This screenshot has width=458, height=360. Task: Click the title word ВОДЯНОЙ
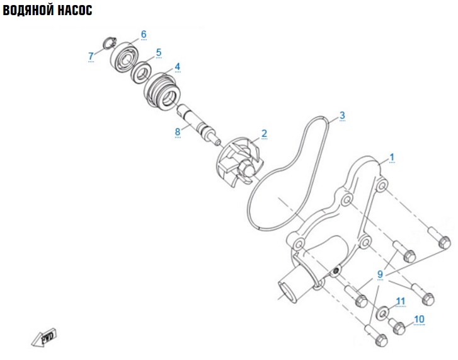pyautogui.click(x=28, y=10)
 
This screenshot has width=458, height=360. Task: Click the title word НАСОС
pyautogui.click(x=75, y=10)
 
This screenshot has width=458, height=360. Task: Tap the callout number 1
pyautogui.click(x=392, y=157)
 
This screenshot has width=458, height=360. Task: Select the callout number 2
pyautogui.click(x=264, y=134)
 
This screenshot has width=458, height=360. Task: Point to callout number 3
pyautogui.click(x=342, y=115)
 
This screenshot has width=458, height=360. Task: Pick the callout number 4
pyautogui.click(x=177, y=67)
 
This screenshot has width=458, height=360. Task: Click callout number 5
pyautogui.click(x=159, y=52)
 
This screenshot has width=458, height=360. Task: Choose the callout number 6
pyautogui.click(x=144, y=34)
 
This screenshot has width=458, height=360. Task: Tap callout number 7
pyautogui.click(x=91, y=56)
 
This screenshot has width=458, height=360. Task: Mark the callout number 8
pyautogui.click(x=178, y=132)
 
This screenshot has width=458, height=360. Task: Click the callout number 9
pyautogui.click(x=380, y=274)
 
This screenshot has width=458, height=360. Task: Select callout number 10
pyautogui.click(x=419, y=319)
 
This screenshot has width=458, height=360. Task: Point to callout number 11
pyautogui.click(x=401, y=301)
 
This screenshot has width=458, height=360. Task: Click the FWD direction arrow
pyautogui.click(x=44, y=337)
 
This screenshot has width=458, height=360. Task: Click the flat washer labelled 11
pyautogui.click(x=382, y=312)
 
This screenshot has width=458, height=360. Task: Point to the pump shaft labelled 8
pyautogui.click(x=198, y=125)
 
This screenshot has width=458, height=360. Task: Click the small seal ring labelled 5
pyautogui.click(x=142, y=72)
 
